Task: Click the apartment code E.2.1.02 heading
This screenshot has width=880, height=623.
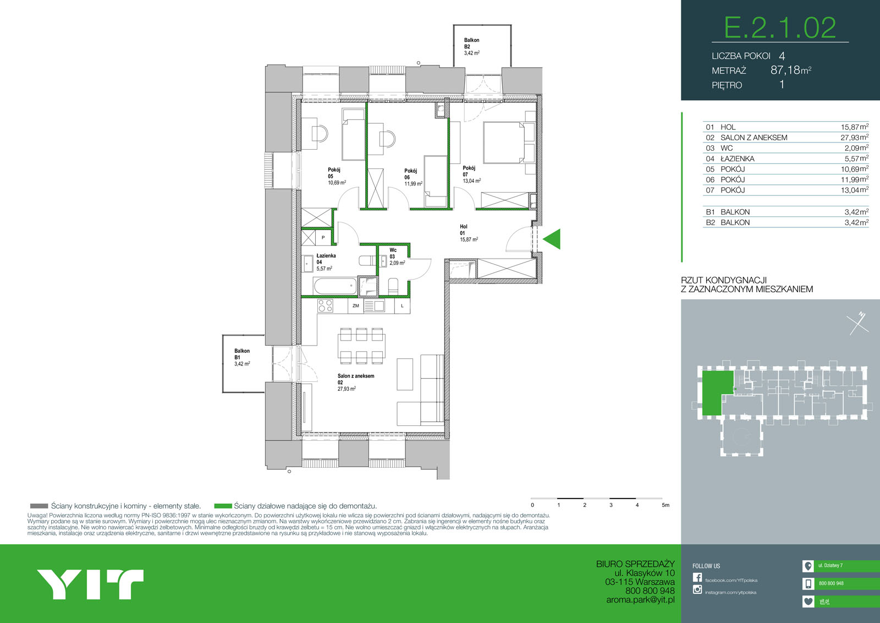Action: (x=780, y=28)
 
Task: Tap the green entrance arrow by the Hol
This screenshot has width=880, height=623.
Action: (x=552, y=239)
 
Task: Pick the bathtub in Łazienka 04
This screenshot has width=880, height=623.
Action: (x=335, y=286)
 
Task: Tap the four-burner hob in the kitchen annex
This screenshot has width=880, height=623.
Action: (x=326, y=305)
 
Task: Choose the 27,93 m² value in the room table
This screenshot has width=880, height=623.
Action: (x=854, y=138)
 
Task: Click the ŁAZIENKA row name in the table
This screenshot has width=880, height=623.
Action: (x=737, y=159)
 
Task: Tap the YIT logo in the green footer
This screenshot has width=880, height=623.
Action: (x=90, y=584)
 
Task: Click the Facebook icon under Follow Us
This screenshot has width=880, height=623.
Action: (x=697, y=577)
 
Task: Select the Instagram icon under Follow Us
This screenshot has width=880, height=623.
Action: (x=697, y=589)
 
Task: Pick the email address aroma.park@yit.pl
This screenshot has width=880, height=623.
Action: (x=640, y=600)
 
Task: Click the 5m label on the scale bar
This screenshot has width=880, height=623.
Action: (x=665, y=505)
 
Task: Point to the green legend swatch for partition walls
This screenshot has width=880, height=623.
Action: (x=223, y=506)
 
